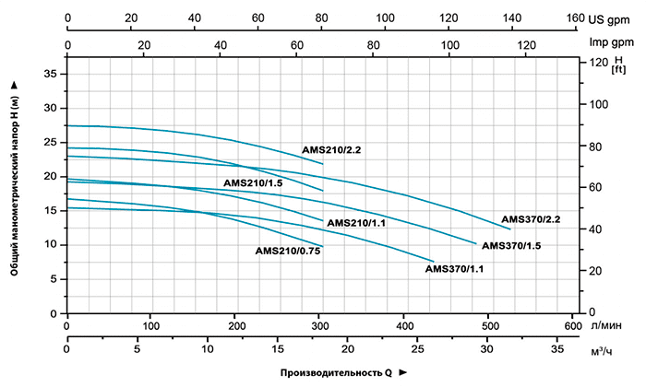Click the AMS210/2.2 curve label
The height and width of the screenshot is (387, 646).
pos(332,149)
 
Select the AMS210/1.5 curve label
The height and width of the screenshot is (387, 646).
pos(253,183)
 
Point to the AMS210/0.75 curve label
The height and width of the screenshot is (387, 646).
pos(287,251)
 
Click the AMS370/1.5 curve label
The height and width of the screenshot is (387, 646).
pos(511,246)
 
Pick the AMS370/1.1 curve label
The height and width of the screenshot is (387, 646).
pos(455,269)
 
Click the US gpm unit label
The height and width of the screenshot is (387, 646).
pos(613,18)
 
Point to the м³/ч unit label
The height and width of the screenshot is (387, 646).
pos(603,351)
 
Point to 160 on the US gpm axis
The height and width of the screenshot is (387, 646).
pos(574,18)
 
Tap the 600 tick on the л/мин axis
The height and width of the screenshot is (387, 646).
pos(572,326)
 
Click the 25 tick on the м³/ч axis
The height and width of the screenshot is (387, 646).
pos(418,351)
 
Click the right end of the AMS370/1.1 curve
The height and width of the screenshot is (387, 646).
pos(433,261)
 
